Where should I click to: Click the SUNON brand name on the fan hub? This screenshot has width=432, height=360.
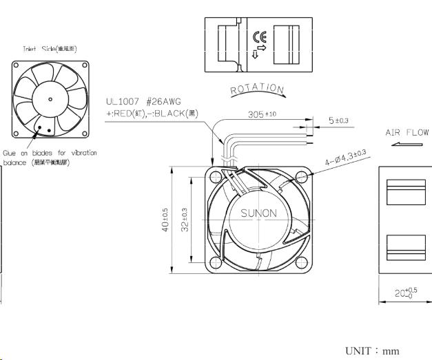258,213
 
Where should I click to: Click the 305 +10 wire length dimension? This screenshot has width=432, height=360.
263,114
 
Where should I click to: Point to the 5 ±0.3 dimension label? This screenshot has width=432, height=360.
338,120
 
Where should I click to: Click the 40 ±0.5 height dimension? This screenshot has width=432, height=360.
165,220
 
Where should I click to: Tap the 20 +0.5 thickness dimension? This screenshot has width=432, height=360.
404,292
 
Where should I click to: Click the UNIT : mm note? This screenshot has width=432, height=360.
372,350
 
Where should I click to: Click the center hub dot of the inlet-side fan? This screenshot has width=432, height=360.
50,99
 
